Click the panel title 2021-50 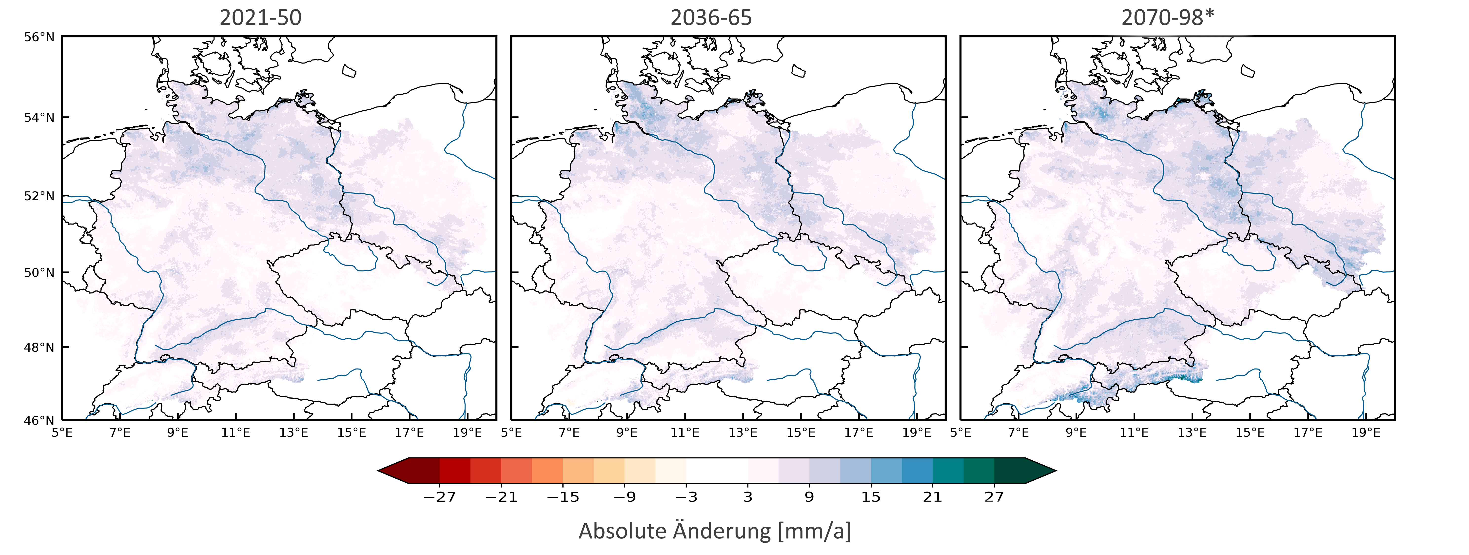click(x=261, y=18)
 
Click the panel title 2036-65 click(x=711, y=18)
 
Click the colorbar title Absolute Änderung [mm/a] click(x=715, y=531)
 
